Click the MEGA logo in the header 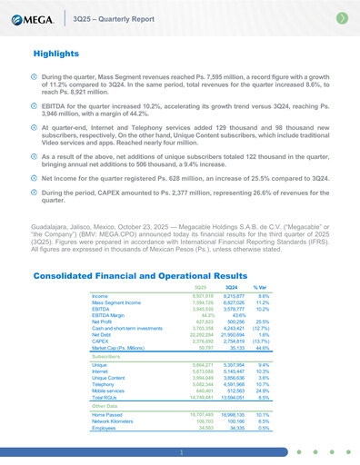coord(35,17)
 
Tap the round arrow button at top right coord(342,17)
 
